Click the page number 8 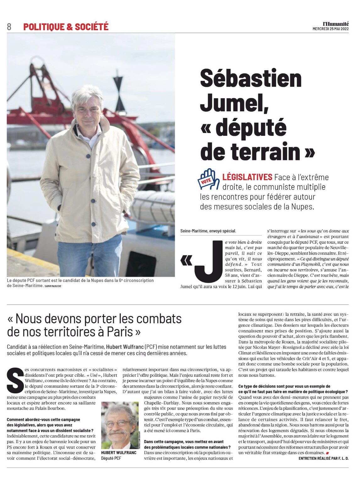pos(9,27)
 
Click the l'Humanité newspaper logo pos(336,24)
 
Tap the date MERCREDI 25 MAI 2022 pos(330,29)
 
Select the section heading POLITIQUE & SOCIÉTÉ pos(66,27)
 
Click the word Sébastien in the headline pos(251,79)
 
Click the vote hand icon pos(208,179)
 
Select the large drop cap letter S pos(15,380)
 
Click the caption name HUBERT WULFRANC pos(119,453)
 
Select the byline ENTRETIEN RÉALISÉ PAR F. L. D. pos(323,458)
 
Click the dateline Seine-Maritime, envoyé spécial pos(208,231)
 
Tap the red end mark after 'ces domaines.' pos(327,453)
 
